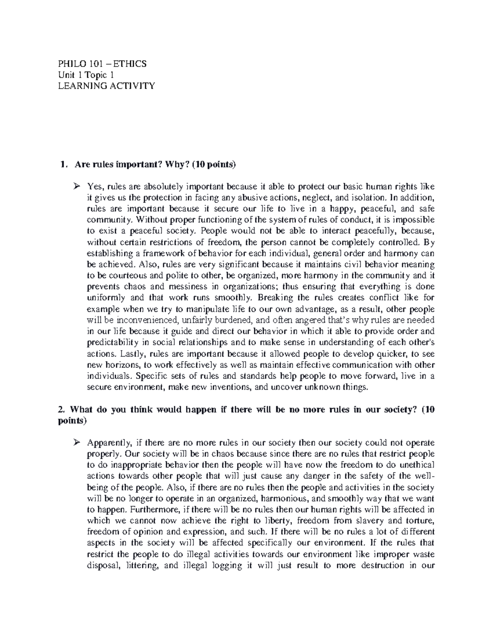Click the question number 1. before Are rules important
click(x=62, y=165)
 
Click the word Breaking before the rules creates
click(x=274, y=297)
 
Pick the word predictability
click(x=114, y=342)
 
